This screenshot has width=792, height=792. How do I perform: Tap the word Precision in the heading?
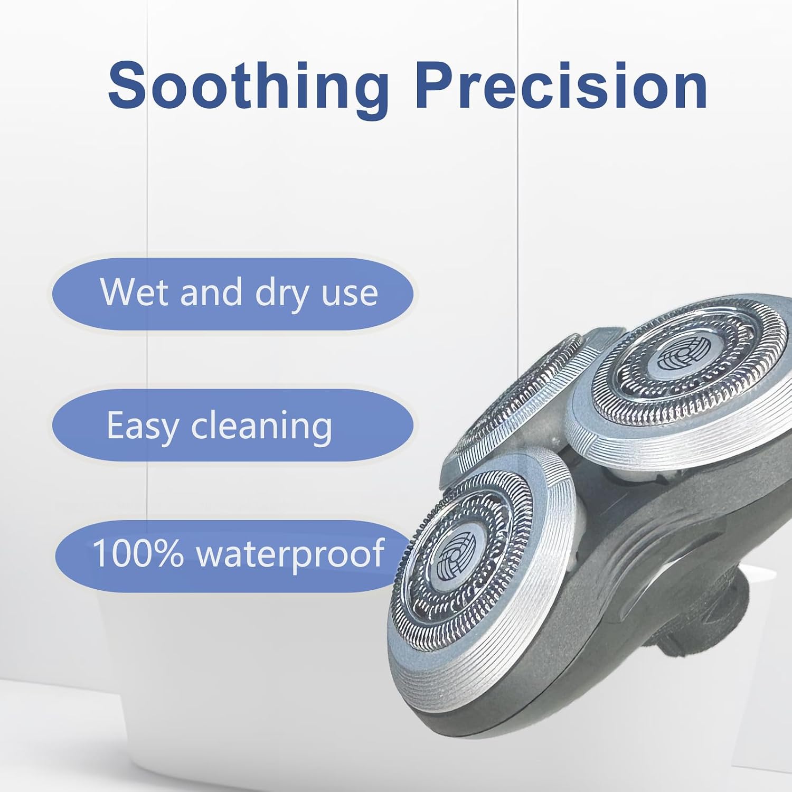(x=561, y=84)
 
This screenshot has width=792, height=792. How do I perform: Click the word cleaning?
(x=262, y=426)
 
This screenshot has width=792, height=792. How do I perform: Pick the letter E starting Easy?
(x=116, y=425)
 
